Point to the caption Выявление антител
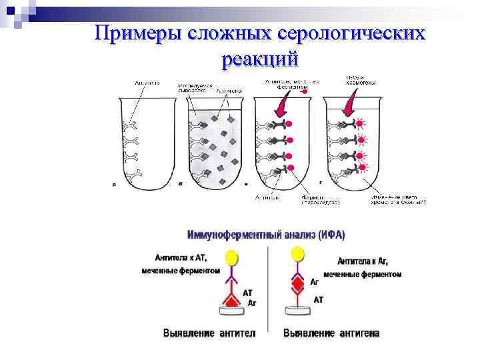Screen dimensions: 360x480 pos(209,332)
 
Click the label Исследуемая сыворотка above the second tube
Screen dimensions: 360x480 pos(195,89)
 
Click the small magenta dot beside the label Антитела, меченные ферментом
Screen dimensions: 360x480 pos(305,91)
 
